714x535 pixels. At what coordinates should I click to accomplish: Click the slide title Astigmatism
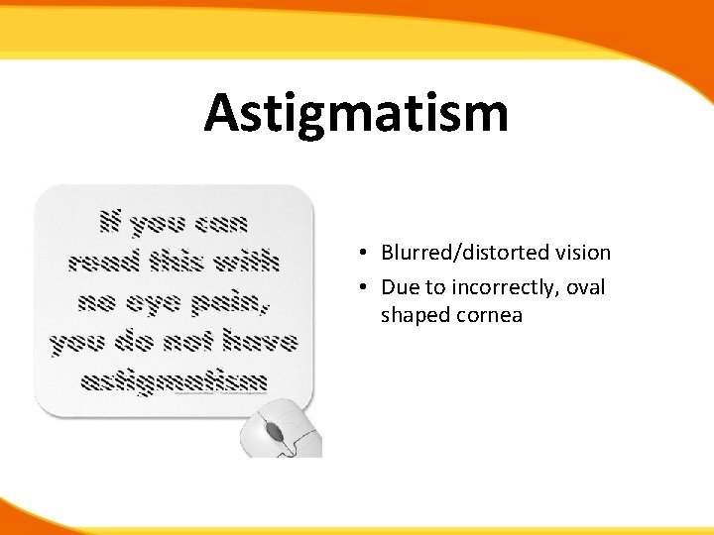[x=356, y=113]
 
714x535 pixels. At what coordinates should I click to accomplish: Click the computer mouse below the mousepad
[x=282, y=431]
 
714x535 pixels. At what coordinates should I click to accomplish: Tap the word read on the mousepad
[x=101, y=263]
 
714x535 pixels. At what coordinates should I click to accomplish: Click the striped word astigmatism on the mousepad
[x=174, y=381]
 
